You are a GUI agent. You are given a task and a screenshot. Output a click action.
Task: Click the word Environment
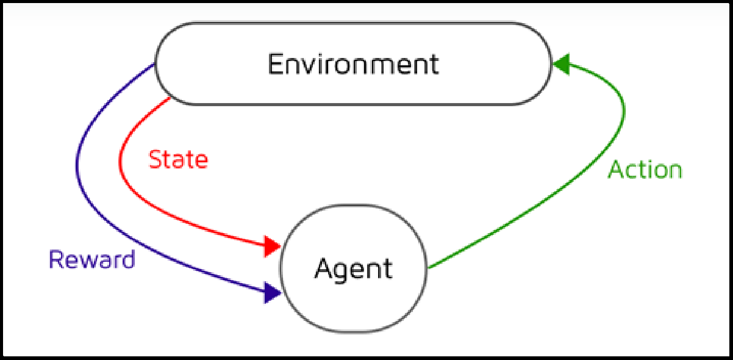tap(353, 64)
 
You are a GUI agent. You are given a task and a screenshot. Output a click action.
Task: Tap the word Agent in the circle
tap(353, 269)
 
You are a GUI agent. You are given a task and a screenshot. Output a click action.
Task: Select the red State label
tap(178, 159)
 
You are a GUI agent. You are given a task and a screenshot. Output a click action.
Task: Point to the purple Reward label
tap(91, 260)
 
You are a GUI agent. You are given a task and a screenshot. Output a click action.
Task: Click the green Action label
tap(645, 170)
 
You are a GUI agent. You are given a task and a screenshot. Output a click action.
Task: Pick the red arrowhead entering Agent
tap(272, 247)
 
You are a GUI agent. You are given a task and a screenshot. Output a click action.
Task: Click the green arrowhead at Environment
tap(561, 64)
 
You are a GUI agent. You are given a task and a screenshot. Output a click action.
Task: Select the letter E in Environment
tap(275, 64)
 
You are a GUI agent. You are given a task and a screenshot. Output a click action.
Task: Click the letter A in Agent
tap(323, 268)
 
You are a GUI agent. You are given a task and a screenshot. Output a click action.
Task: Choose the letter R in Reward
tap(55, 260)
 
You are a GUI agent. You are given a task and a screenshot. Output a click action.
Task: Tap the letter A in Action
tap(616, 170)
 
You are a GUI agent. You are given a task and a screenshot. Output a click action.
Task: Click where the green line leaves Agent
tap(428, 268)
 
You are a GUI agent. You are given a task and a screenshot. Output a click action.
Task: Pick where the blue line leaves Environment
tap(156, 63)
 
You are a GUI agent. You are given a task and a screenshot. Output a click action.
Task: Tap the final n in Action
tap(674, 171)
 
